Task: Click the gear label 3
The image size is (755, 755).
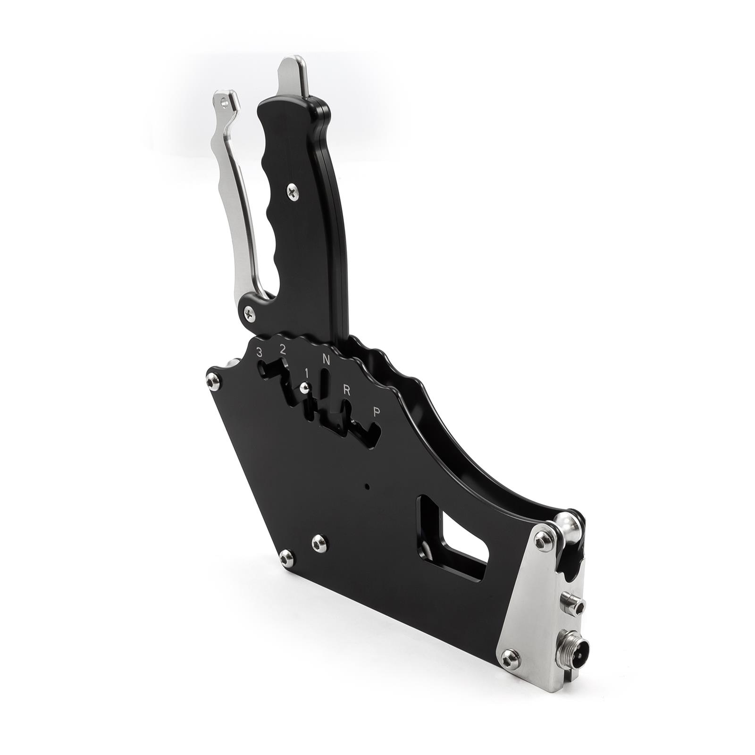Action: coord(259,352)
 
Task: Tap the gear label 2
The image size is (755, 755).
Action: coord(282,350)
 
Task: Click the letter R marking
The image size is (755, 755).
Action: coord(346,390)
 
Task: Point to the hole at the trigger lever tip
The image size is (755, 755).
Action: coord(226,100)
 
